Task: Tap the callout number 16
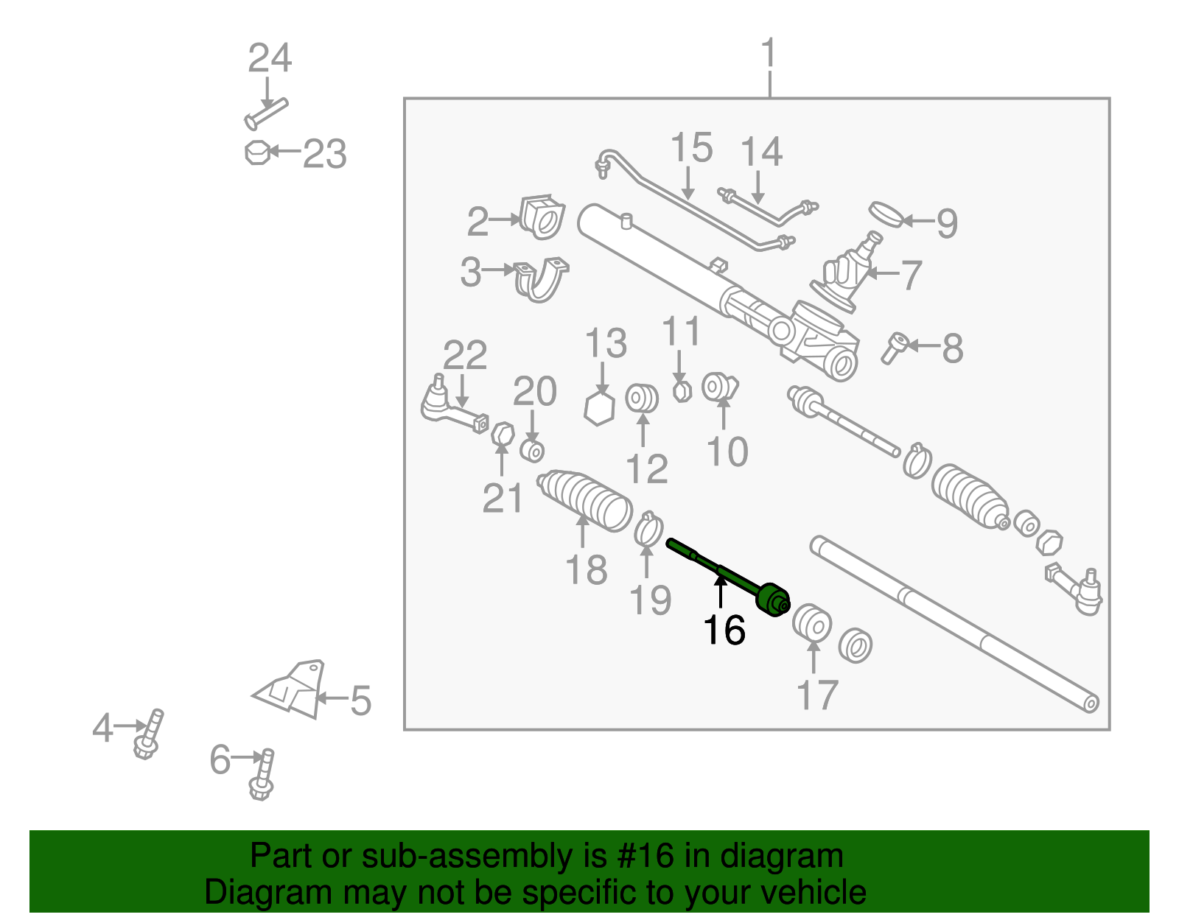(724, 631)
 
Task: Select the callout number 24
(270, 58)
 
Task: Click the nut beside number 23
(256, 152)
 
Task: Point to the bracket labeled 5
(293, 689)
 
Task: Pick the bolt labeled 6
(263, 775)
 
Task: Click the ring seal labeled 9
(885, 214)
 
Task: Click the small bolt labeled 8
(895, 347)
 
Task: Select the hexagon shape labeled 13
(599, 408)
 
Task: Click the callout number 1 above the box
(769, 55)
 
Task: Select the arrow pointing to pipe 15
(688, 183)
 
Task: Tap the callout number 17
(817, 695)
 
